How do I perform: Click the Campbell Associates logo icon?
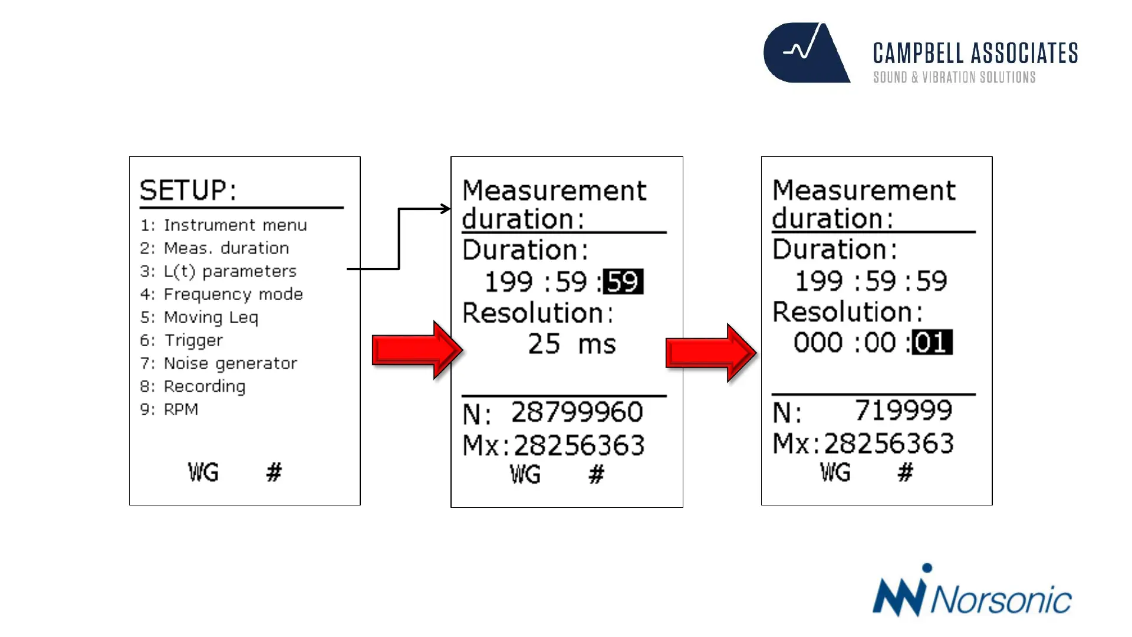806,52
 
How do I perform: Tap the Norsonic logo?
972,592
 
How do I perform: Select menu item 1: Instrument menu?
223,225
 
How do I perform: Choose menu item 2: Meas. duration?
215,248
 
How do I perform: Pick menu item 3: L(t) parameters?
218,271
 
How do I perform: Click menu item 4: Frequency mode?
222,294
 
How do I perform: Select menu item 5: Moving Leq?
199,317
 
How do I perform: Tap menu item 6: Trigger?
182,340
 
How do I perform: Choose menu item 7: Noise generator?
219,363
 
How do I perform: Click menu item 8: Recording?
193,386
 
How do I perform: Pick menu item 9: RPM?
169,409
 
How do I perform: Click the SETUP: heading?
188,191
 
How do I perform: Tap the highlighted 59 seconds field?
623,282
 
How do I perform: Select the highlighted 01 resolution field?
932,343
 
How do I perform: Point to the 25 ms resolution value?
571,344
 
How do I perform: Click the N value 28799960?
577,412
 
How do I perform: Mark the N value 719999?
903,411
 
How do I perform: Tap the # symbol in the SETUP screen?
274,472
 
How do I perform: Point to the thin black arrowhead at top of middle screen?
446,209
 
